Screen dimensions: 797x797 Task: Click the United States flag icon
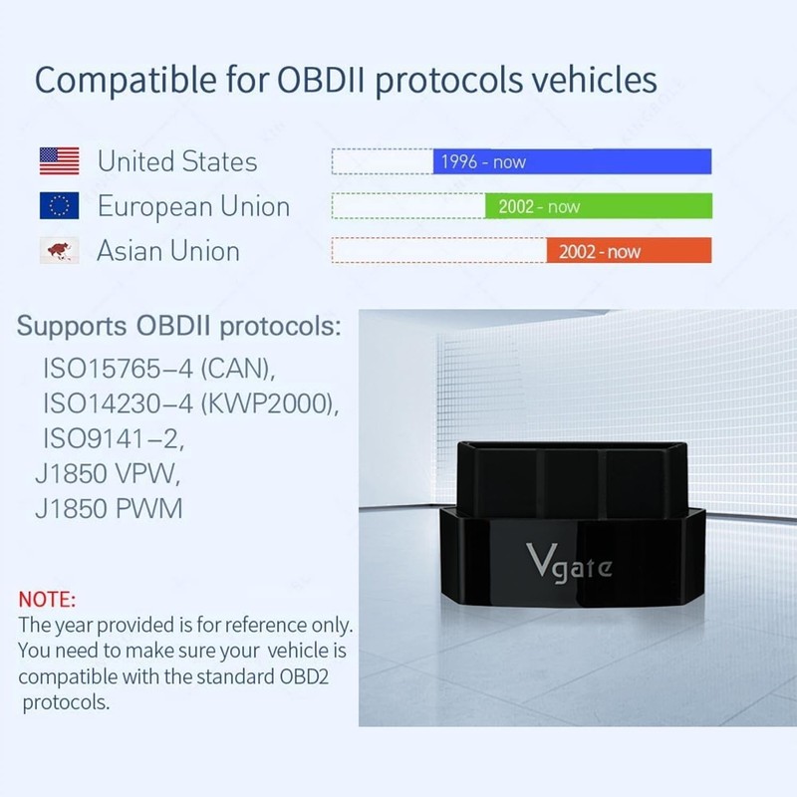[x=59, y=160]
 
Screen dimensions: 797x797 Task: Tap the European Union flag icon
[x=59, y=206]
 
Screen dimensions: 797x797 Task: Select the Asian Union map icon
[x=59, y=251]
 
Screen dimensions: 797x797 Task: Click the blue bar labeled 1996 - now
[x=572, y=161]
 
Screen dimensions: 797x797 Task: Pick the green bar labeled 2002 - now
[x=598, y=207]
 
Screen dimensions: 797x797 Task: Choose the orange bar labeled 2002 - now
[x=629, y=252]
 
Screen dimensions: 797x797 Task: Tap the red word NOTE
[x=47, y=601]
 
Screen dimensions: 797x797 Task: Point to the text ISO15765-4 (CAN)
[x=157, y=370]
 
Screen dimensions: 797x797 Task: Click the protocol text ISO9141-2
[x=114, y=438]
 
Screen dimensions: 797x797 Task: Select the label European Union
[x=193, y=206]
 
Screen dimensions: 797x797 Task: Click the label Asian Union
[x=168, y=251]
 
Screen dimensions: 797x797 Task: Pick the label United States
[x=177, y=161]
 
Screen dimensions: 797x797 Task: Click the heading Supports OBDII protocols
[x=180, y=326]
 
